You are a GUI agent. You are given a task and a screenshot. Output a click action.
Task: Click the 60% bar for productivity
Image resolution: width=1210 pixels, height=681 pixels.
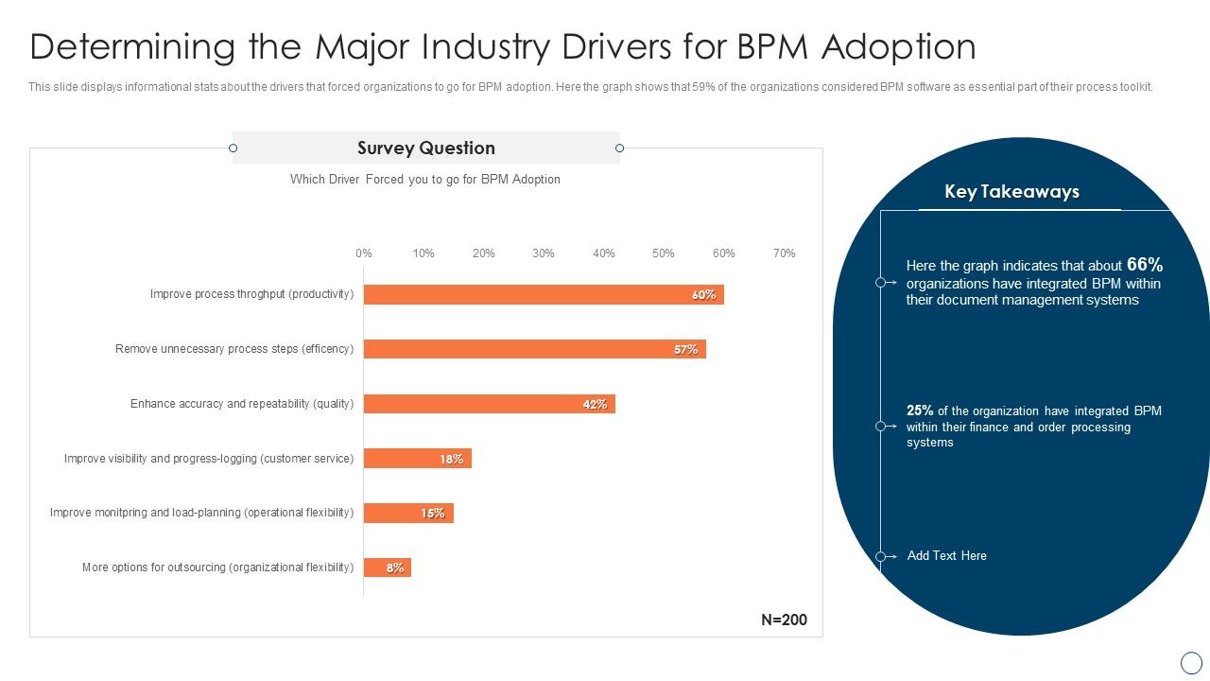click(544, 294)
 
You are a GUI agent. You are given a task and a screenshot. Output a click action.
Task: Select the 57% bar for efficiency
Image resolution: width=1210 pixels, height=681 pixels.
click(534, 349)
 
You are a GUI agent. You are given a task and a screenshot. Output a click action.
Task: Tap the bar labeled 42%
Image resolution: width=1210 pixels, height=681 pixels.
click(489, 404)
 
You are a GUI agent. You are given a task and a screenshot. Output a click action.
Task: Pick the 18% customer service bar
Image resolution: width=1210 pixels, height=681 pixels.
click(417, 459)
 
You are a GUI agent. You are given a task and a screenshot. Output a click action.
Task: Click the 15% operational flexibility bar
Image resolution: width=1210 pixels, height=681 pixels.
click(408, 514)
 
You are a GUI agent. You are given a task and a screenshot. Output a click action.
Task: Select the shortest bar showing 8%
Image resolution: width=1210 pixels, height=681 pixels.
click(387, 567)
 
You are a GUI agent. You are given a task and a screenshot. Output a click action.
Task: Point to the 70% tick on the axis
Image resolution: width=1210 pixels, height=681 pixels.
click(784, 253)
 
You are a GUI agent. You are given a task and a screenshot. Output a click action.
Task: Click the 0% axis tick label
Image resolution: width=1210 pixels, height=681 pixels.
click(364, 253)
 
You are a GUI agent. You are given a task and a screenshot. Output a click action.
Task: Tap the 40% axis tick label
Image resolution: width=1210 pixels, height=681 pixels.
click(603, 253)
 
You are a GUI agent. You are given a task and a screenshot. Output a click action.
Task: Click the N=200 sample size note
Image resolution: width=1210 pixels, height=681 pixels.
click(784, 620)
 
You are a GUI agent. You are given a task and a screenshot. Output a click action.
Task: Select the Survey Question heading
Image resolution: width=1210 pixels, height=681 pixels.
click(425, 148)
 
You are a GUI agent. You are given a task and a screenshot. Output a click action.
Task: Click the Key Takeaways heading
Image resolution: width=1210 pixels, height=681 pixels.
click(1011, 192)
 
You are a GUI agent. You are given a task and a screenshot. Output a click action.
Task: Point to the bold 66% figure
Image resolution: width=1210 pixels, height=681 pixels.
click(1144, 266)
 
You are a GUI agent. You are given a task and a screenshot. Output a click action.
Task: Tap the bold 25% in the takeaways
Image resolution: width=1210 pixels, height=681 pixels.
click(920, 410)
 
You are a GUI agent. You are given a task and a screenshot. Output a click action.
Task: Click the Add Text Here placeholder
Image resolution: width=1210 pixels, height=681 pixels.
click(946, 556)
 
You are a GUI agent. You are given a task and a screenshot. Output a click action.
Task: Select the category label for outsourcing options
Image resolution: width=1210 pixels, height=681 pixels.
click(217, 567)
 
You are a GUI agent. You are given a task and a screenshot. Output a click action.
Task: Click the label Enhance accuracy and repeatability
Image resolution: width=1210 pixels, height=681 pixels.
click(242, 404)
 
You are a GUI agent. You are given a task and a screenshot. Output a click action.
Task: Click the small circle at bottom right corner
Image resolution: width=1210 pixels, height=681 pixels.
click(1190, 662)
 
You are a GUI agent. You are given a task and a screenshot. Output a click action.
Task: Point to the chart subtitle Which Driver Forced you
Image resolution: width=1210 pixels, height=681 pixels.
click(425, 180)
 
